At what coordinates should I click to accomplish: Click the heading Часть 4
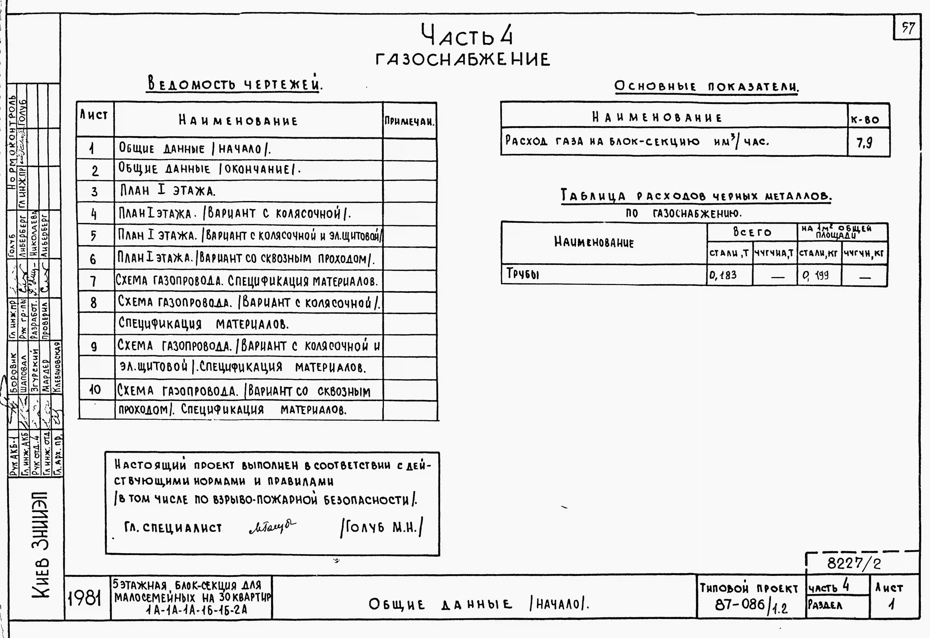(467, 35)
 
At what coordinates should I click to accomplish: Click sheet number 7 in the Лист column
(93, 281)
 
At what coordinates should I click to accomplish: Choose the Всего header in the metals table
(752, 232)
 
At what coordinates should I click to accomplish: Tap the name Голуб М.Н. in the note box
(381, 528)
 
